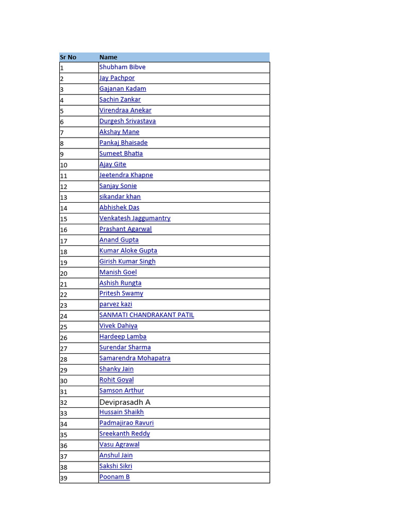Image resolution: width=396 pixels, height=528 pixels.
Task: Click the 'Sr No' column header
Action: click(x=68, y=57)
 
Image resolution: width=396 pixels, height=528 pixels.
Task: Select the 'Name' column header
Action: click(x=108, y=57)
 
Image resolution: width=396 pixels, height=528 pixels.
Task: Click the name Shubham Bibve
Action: click(x=122, y=67)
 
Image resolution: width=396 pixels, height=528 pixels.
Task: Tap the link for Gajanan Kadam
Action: click(x=123, y=89)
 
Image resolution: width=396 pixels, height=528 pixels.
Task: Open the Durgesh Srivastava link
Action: click(x=127, y=121)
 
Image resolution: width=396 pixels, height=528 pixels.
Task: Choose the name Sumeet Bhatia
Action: click(x=121, y=154)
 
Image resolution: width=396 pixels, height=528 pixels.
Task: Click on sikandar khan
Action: click(x=120, y=196)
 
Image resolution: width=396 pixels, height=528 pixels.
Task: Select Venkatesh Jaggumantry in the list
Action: click(x=135, y=218)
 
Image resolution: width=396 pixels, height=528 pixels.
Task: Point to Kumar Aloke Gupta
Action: click(x=128, y=251)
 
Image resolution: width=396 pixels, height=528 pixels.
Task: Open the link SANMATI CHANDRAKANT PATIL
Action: click(x=146, y=315)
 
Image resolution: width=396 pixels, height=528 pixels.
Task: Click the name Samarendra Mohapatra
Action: click(x=135, y=358)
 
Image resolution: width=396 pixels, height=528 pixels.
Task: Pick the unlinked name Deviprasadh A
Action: click(x=125, y=402)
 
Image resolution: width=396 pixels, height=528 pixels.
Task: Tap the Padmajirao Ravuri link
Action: click(x=126, y=423)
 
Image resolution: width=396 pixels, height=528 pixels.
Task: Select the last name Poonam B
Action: click(x=114, y=477)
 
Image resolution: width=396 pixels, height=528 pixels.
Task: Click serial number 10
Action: click(x=64, y=166)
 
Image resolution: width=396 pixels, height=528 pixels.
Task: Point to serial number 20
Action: click(x=64, y=273)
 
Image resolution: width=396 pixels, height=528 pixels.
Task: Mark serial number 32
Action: click(x=64, y=403)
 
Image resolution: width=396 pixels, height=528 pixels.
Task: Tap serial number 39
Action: click(x=64, y=478)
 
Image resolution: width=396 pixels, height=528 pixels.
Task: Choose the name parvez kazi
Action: click(x=115, y=304)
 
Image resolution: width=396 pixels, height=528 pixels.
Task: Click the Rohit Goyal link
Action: click(x=117, y=380)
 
